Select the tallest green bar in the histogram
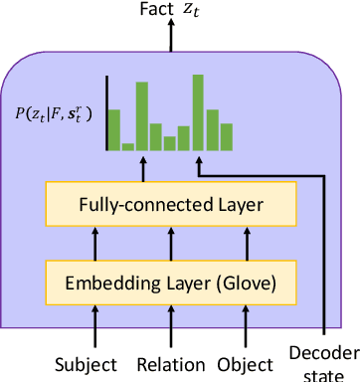199,111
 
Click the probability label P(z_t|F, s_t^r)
49,113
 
